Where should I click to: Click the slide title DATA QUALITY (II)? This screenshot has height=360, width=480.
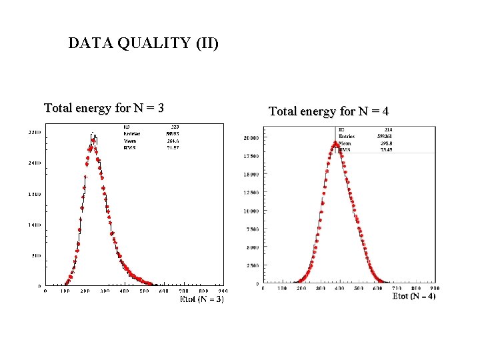pos(143,44)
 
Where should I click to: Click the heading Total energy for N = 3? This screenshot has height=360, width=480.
pos(104,108)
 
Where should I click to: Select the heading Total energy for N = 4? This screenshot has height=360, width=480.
pos(329,111)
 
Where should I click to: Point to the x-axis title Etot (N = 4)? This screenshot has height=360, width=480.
pos(414,295)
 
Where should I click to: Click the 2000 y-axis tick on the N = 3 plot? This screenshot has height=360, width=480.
pos(34,163)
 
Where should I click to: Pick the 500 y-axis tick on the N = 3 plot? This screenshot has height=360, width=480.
pos(36,256)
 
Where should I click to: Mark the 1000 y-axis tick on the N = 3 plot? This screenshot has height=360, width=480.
pos(34,225)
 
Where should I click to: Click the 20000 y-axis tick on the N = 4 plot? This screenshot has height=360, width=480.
pos(251,138)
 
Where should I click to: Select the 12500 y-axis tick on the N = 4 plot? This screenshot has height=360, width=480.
pos(251,193)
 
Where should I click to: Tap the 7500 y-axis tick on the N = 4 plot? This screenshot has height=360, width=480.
pos(252,229)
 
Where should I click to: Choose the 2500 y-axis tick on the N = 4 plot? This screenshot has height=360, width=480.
pos(252,266)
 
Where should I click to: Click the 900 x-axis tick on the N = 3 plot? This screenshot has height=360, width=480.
pos(223,291)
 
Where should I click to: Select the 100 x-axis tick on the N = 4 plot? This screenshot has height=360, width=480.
pos(282,288)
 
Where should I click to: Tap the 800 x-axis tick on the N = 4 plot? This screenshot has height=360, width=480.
pos(417,288)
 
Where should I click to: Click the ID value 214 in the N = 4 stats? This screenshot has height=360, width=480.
pos(386,130)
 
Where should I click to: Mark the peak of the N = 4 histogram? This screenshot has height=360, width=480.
pos(336,142)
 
